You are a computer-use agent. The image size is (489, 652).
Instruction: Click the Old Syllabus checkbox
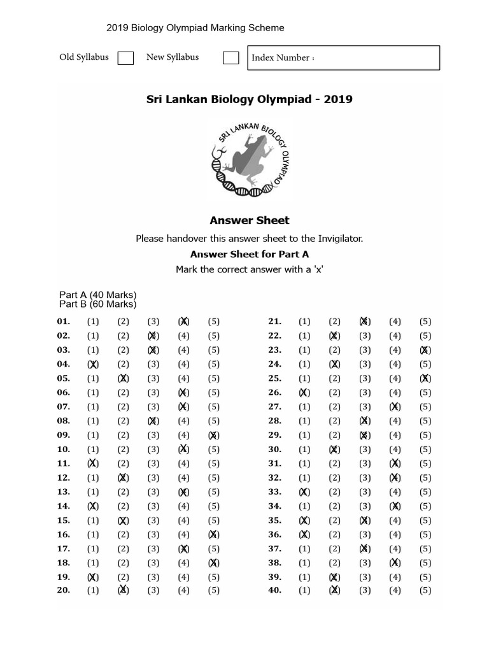[125, 58]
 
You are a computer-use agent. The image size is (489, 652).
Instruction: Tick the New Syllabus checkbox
[230, 58]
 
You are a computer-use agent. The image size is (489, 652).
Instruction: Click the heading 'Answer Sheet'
[250, 220]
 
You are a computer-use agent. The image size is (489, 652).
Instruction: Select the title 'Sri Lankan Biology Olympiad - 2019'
[250, 99]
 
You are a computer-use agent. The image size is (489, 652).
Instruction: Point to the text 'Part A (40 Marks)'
[98, 295]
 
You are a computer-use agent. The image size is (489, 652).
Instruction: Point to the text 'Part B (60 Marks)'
[98, 304]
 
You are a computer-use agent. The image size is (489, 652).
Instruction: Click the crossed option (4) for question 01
[183, 322]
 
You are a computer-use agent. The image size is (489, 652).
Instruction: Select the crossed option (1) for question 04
[93, 364]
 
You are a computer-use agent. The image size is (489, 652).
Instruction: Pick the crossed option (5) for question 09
[214, 436]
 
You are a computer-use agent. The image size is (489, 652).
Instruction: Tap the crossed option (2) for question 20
[123, 590]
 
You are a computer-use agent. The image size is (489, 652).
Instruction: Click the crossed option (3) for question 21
[364, 322]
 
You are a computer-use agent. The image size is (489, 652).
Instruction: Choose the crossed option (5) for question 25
[425, 378]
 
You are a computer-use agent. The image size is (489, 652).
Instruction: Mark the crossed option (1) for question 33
[304, 492]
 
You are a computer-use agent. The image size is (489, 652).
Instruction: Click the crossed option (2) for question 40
[334, 590]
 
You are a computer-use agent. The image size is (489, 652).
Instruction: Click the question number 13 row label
[64, 492]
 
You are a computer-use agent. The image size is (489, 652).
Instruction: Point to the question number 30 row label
[274, 450]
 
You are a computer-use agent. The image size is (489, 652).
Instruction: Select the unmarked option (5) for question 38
[425, 563]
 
